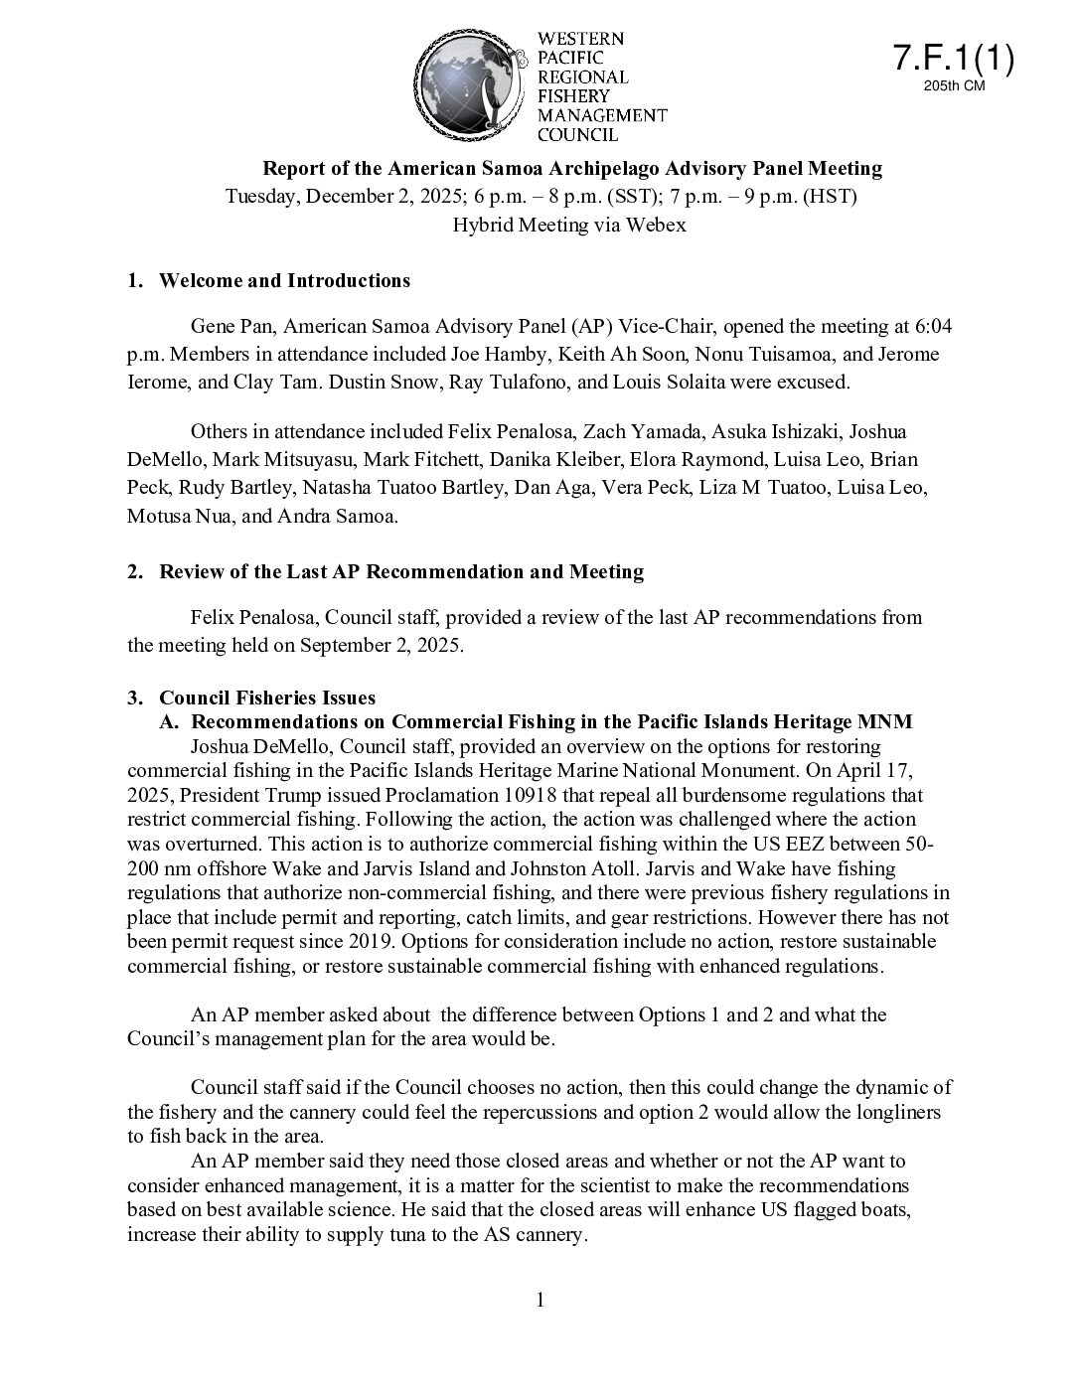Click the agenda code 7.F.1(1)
(x=952, y=59)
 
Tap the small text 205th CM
(x=953, y=87)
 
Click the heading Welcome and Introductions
(x=284, y=280)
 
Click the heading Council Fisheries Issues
(x=267, y=698)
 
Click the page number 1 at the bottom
(x=540, y=1300)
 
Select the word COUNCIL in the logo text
(x=577, y=134)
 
